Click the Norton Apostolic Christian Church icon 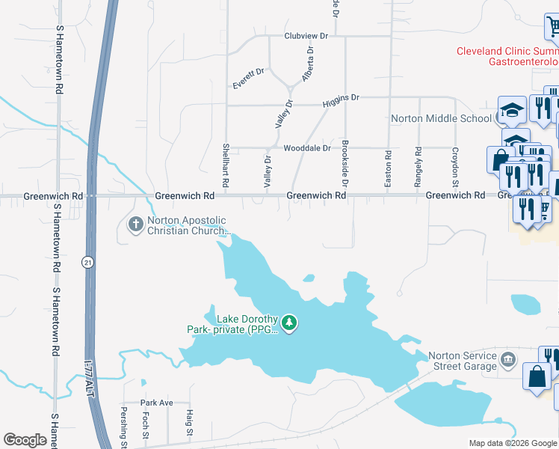coord(135,224)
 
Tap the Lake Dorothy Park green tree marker coord(289,323)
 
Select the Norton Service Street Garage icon coord(508,360)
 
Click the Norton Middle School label coord(441,118)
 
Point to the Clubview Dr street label coord(306,36)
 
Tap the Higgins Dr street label coord(341,98)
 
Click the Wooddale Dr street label coord(306,148)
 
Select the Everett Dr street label coord(249,79)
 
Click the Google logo coord(25,440)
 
